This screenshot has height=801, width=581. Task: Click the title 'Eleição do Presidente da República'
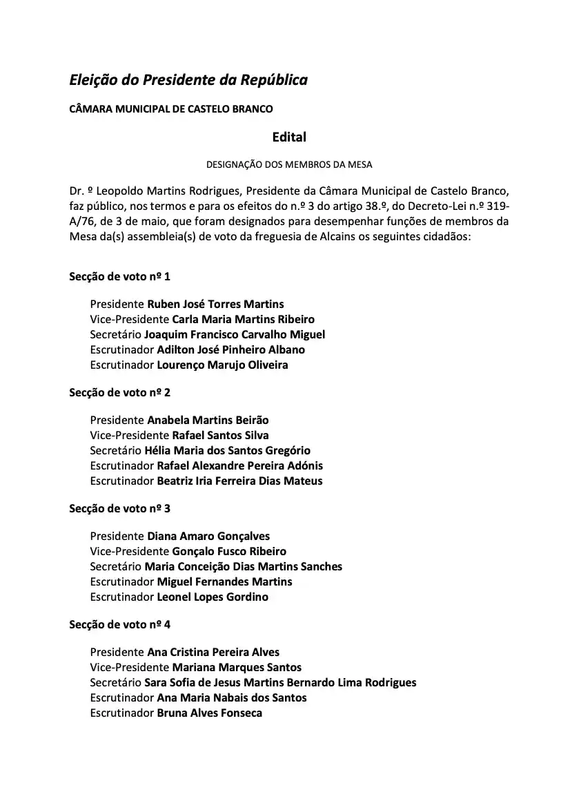tap(188, 80)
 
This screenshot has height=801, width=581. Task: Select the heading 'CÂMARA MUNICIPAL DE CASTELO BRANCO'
tap(171, 109)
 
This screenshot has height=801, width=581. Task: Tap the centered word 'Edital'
tap(289, 137)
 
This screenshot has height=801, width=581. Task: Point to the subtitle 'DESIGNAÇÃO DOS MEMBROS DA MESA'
tap(289, 164)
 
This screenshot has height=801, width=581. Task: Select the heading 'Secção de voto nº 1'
tap(119, 276)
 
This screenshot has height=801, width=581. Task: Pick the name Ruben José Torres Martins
tap(215, 304)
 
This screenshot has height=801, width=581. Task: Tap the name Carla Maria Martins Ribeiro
tap(243, 319)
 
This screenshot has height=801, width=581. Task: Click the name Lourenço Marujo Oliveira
tap(222, 365)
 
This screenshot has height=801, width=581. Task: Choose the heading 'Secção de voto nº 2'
tap(119, 392)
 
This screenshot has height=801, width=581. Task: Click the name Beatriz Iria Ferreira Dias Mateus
tap(239, 481)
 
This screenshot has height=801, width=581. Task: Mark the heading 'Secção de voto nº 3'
tap(119, 508)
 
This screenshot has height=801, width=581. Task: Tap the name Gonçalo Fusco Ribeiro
tap(229, 551)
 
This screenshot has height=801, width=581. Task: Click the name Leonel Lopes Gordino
tap(213, 597)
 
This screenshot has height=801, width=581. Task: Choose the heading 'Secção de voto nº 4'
tap(119, 624)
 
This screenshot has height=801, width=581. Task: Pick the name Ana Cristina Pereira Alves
tap(213, 652)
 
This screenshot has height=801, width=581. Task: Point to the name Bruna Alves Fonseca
tap(209, 713)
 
